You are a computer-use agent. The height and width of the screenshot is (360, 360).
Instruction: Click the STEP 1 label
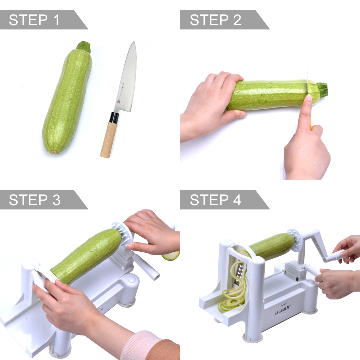(34, 20)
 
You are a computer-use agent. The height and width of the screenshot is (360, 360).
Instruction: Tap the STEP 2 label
(215, 20)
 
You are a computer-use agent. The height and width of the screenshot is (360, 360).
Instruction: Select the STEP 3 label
(34, 200)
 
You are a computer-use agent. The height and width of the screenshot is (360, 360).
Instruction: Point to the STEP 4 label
(215, 200)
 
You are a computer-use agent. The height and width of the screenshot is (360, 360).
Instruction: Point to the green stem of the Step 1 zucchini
(84, 46)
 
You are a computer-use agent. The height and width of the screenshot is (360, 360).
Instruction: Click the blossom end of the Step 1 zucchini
(54, 152)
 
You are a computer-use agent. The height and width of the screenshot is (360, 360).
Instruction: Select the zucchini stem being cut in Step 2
(321, 89)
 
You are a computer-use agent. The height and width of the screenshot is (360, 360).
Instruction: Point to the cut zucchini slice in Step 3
(171, 256)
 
